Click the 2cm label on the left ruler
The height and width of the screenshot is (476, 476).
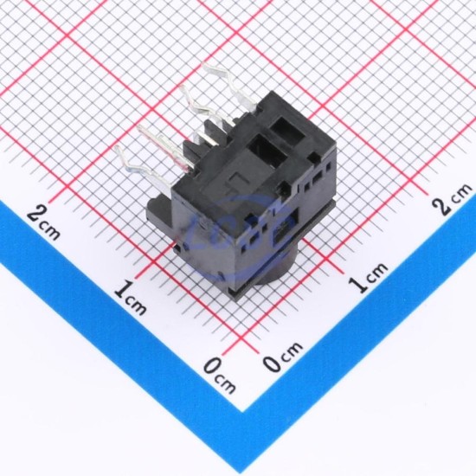[x=42, y=222]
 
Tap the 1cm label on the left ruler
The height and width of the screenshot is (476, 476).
[x=131, y=298]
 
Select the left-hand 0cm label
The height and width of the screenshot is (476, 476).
[x=219, y=376]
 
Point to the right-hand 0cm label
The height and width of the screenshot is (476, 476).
[x=283, y=356]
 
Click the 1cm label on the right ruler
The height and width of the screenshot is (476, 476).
[x=368, y=277]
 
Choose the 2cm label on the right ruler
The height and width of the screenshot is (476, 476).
[x=453, y=199]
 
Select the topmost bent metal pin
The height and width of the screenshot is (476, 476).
[x=230, y=85]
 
